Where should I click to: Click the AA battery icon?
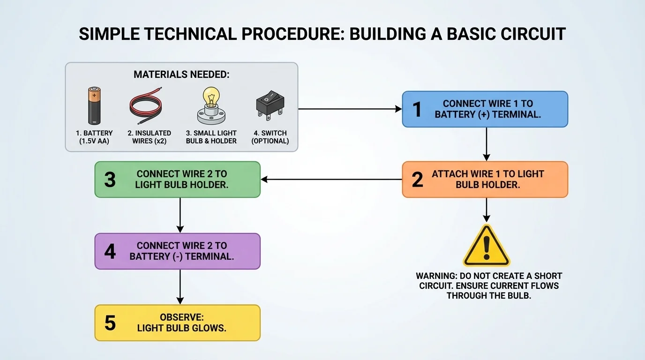coord(94,105)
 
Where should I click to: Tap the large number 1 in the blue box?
coord(417,109)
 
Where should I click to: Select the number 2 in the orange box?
coord(417,180)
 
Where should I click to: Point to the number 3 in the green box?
coord(110,180)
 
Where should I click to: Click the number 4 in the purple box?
coord(110,251)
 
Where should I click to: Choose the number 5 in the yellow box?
coord(110,323)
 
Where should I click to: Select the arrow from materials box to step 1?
coord(350,109)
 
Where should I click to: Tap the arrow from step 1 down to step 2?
coord(487,144)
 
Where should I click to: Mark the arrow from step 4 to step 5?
coord(180,287)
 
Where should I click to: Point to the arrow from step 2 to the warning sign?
coord(487,210)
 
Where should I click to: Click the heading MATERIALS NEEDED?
coord(181,75)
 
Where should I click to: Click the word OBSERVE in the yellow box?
coord(181,317)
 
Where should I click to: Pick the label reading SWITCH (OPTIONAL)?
coord(270,137)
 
